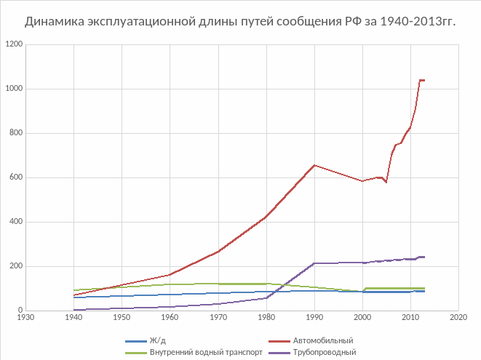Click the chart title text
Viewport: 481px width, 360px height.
click(240, 21)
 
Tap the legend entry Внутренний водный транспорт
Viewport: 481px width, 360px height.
click(200, 353)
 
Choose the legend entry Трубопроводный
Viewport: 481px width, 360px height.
click(324, 353)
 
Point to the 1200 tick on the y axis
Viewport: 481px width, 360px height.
click(13, 45)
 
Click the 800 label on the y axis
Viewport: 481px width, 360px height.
click(15, 134)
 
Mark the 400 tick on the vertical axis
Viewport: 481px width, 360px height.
click(15, 223)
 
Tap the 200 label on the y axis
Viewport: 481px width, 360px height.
click(15, 267)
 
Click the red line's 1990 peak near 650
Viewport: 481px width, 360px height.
click(314, 165)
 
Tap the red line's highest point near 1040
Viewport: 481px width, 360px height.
click(421, 80)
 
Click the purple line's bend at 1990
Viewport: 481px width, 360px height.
click(314, 263)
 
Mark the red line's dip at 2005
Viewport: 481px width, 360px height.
click(386, 182)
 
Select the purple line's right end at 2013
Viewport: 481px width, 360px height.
click(424, 257)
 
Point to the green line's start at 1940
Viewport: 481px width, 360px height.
click(73, 290)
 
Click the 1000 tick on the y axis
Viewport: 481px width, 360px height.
click(13, 89)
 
